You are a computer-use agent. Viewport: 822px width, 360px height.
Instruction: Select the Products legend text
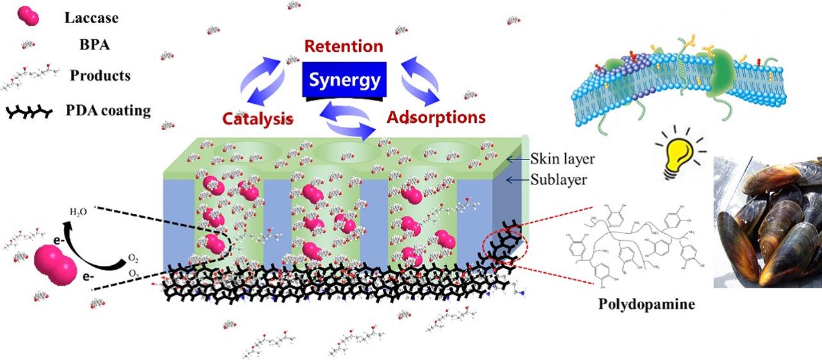pos(100,76)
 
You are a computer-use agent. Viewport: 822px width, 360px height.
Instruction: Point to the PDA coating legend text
pos(108,110)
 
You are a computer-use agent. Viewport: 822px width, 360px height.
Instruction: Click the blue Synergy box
pos(344,81)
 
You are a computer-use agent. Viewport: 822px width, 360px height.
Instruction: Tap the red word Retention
pos(344,47)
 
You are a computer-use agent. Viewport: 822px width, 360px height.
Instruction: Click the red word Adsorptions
pos(436,118)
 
